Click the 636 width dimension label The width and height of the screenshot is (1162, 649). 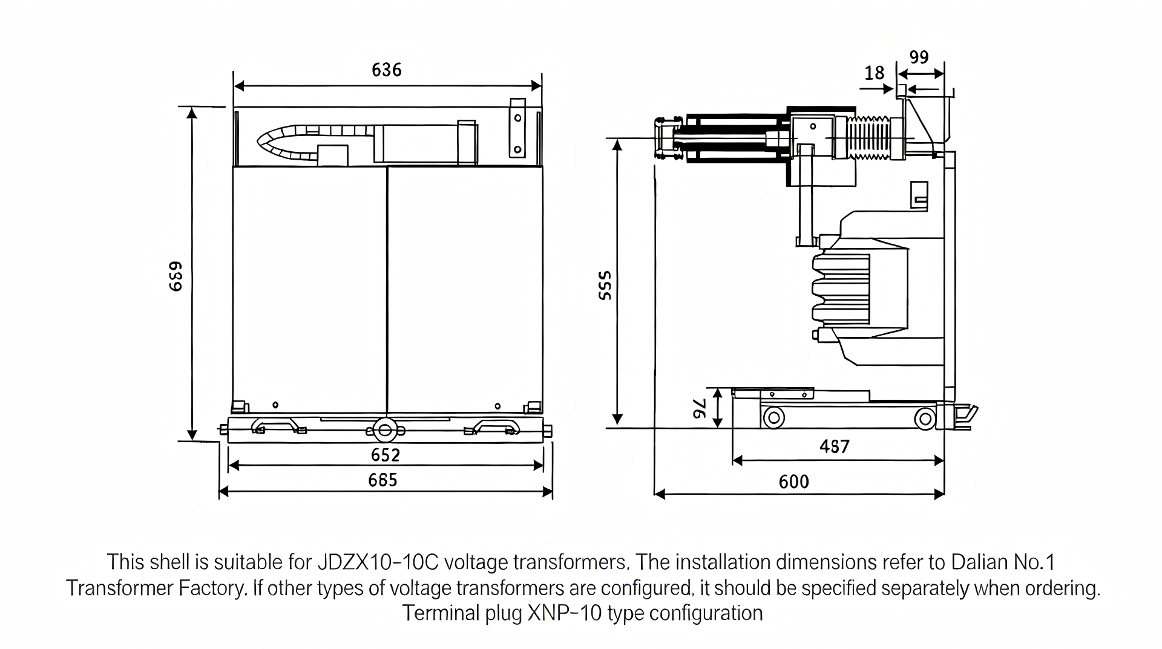coord(386,70)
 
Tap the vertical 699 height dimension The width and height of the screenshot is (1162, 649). coord(176,276)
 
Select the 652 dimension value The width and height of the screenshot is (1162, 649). coord(386,455)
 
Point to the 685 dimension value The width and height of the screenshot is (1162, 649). coord(383,480)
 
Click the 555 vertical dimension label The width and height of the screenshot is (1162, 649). coord(605,285)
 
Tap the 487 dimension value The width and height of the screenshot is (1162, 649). coord(835,446)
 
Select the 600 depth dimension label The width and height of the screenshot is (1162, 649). coord(793,482)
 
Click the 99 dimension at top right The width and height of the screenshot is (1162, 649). coord(919,57)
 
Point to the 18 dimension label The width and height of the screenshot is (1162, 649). coord(874,73)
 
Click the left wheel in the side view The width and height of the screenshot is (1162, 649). coord(773,418)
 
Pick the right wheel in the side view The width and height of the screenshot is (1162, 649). coord(924,418)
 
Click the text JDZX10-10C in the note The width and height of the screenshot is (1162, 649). coord(377,563)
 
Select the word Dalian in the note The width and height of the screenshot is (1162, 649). coord(978,563)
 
